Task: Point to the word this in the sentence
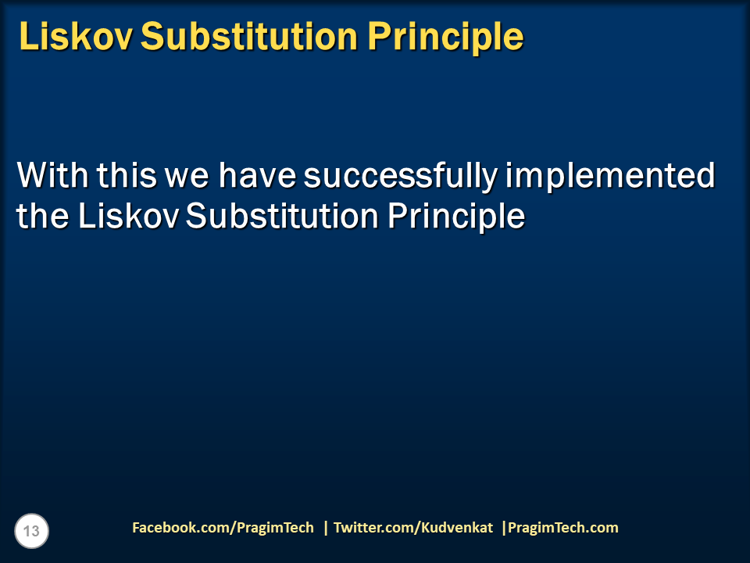(127, 176)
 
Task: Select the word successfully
(399, 176)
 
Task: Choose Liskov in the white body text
(128, 217)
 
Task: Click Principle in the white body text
(456, 217)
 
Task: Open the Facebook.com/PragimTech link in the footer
(223, 528)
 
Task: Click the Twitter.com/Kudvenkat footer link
(413, 528)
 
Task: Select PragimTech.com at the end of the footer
(563, 528)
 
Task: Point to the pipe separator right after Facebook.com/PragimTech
(326, 528)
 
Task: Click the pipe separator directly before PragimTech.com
(504, 528)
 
